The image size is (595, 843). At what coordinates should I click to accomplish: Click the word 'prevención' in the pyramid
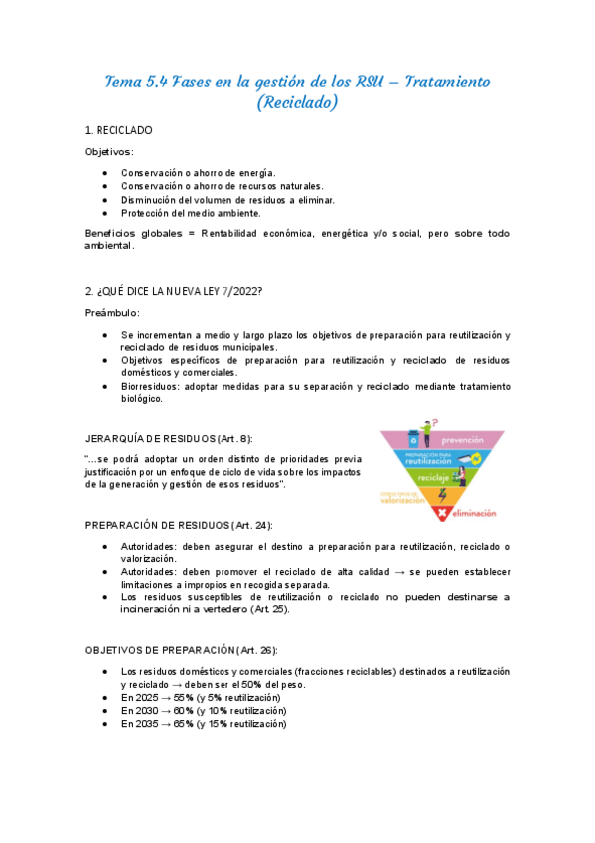pyautogui.click(x=462, y=439)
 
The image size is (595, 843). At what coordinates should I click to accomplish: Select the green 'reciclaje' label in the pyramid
pyautogui.click(x=434, y=478)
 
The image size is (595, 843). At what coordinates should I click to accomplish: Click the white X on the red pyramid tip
pyautogui.click(x=443, y=512)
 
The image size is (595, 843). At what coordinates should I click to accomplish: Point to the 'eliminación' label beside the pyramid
pyautogui.click(x=473, y=513)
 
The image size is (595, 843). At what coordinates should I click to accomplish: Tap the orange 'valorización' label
pyautogui.click(x=403, y=500)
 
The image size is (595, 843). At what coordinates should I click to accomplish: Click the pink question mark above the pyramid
pyautogui.click(x=435, y=422)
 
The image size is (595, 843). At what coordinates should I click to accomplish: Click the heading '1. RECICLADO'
pyautogui.click(x=118, y=130)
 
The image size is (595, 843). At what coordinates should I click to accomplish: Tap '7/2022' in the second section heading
pyautogui.click(x=237, y=289)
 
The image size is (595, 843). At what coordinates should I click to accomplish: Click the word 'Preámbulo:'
pyautogui.click(x=113, y=313)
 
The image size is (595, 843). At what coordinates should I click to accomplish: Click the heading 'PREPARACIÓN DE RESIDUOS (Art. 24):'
pyautogui.click(x=179, y=525)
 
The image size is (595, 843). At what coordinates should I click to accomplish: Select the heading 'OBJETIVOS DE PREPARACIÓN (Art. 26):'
pyautogui.click(x=180, y=649)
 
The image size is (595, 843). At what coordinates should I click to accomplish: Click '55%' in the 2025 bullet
pyautogui.click(x=184, y=699)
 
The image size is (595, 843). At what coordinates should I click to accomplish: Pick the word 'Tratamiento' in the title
pyautogui.click(x=434, y=81)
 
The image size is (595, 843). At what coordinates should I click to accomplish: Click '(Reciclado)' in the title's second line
pyautogui.click(x=297, y=102)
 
